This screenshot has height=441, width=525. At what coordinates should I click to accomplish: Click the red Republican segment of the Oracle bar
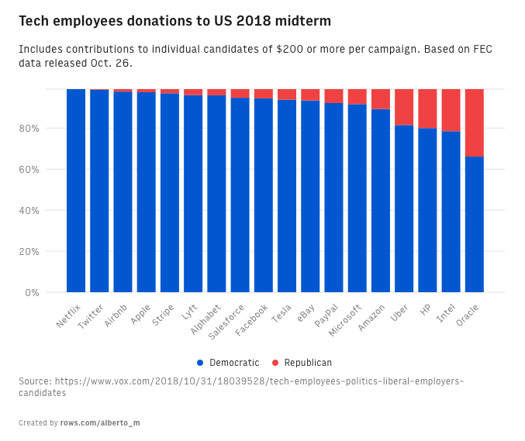tap(474, 122)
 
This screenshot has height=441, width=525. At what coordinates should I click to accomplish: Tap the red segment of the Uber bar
tap(404, 107)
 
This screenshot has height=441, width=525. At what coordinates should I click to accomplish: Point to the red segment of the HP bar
tap(427, 109)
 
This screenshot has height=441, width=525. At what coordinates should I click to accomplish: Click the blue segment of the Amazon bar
tap(381, 201)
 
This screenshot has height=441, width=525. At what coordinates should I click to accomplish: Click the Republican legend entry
tap(302, 363)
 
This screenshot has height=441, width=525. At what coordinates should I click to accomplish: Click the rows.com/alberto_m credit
tap(100, 423)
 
